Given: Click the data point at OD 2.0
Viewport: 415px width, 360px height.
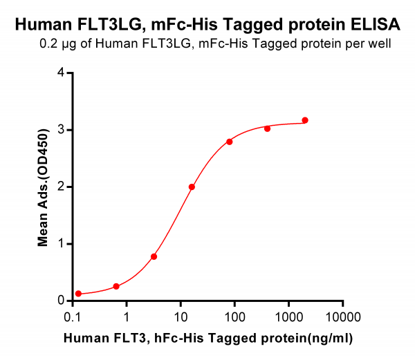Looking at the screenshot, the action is click(192, 187).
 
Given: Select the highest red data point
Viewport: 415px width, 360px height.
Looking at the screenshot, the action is click(305, 120).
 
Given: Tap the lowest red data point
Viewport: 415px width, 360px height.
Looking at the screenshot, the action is click(78, 294).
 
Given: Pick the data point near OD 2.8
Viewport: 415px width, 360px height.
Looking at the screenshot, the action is click(230, 142).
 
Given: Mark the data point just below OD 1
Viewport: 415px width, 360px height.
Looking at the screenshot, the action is click(154, 256).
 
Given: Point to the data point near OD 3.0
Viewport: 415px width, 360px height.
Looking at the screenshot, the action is click(267, 129).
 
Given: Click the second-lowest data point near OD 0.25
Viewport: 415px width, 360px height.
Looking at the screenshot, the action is click(116, 286).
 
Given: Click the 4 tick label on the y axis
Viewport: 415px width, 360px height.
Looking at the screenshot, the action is click(61, 73).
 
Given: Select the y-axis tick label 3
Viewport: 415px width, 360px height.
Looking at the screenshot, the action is click(61, 130).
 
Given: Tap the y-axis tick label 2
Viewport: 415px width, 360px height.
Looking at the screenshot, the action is click(61, 187).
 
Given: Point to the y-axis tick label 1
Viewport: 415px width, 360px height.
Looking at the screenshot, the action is click(61, 244).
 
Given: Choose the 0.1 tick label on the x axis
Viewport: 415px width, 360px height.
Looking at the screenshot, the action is click(73, 316).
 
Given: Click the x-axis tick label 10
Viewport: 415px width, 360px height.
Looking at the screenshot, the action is click(181, 316).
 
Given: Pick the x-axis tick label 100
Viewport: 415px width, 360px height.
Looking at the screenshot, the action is click(234, 316).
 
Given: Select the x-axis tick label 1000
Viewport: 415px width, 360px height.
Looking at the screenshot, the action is click(288, 316).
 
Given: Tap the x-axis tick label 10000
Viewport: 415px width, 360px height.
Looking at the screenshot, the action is click(343, 316).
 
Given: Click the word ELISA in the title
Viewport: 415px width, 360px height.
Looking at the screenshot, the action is click(376, 24).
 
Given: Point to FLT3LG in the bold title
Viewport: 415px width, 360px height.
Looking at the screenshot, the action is click(111, 24).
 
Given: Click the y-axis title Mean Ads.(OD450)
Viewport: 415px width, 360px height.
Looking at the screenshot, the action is click(43, 188).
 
